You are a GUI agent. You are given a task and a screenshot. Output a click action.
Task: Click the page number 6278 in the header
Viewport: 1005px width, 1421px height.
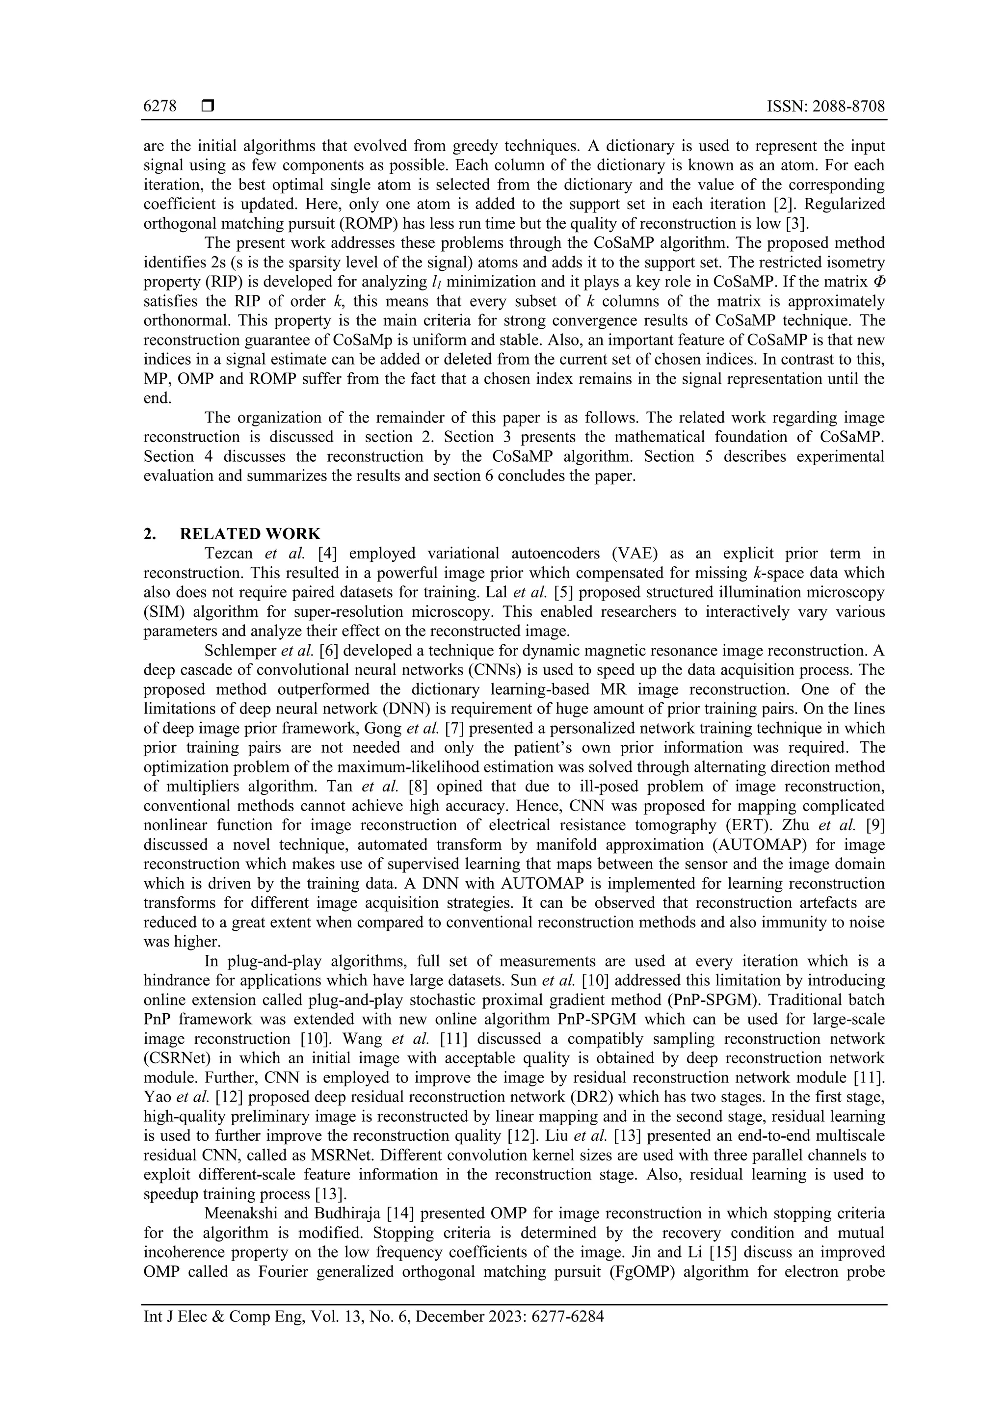[159, 106]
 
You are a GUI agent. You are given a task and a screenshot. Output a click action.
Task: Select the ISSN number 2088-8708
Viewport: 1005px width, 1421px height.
[848, 106]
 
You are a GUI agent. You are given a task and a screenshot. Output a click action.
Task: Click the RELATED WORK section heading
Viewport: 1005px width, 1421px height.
[250, 533]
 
